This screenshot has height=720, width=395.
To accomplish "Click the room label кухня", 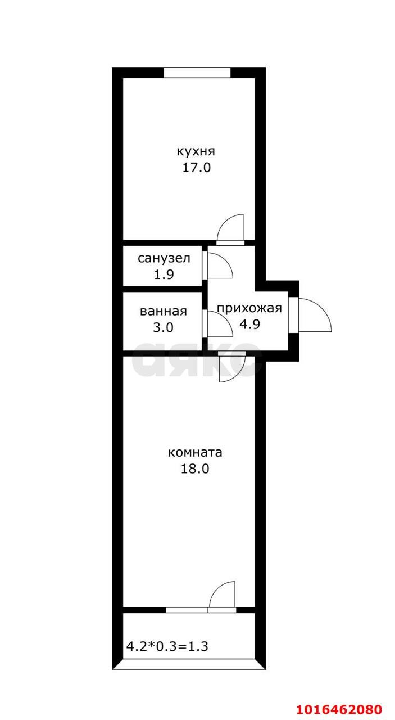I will (196, 151).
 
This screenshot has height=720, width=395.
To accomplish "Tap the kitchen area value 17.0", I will (196, 167).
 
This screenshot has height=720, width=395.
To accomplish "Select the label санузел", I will (164, 258).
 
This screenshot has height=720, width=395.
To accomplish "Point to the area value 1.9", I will (164, 274).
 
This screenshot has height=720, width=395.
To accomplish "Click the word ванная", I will (164, 311).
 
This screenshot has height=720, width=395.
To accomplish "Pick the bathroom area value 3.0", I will (164, 327).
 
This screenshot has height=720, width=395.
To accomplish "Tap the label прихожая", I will (249, 308).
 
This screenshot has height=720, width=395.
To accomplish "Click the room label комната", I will (196, 452).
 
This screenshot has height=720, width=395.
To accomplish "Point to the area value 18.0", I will (196, 469).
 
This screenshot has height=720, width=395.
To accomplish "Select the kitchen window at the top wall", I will (197, 73).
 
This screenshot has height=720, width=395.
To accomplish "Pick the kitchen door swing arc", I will (231, 227).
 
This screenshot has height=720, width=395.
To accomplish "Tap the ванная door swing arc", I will (220, 325).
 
